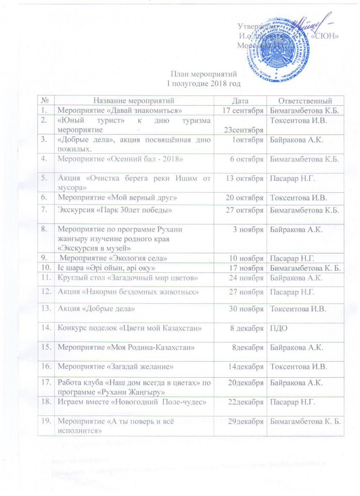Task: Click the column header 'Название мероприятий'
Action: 133,100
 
